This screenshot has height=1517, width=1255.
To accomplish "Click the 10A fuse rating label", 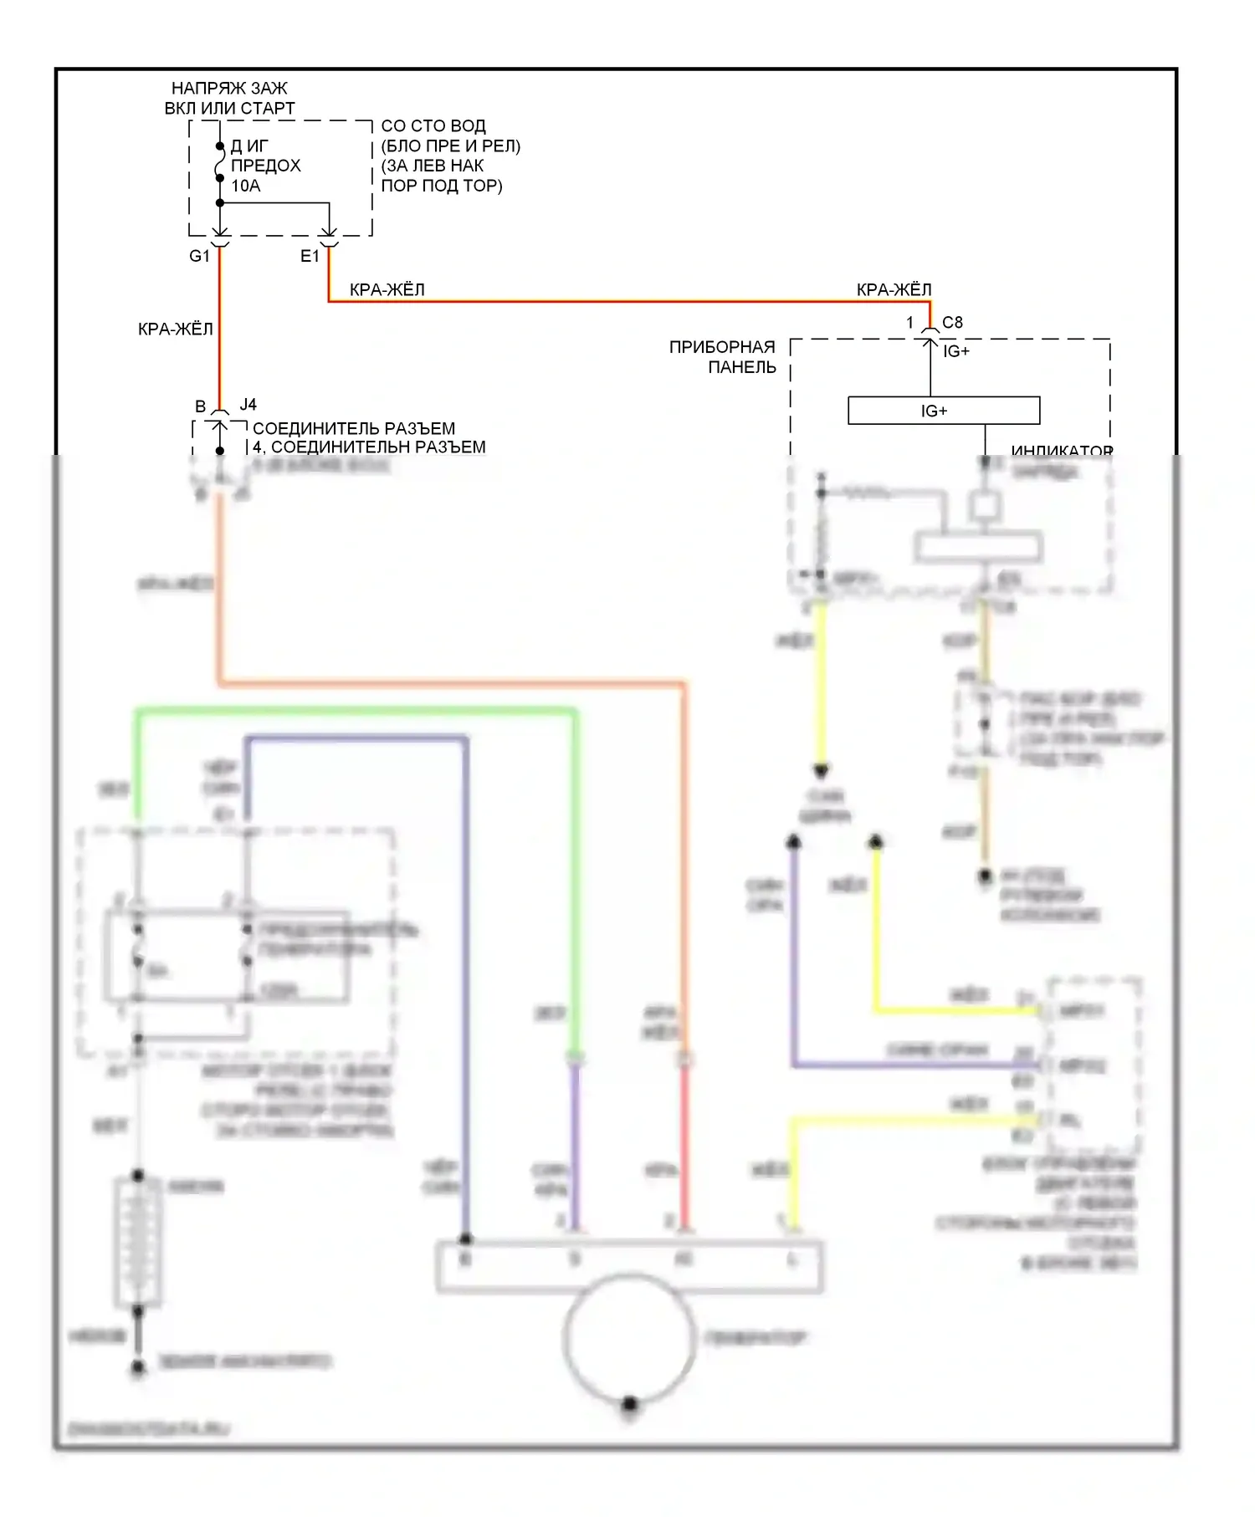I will tap(246, 186).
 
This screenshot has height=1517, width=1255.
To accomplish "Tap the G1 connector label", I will tap(199, 256).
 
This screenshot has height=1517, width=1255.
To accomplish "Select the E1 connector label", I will tap(310, 256).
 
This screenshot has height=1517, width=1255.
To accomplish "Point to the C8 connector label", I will tap(952, 322).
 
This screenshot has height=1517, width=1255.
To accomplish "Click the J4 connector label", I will tap(248, 405).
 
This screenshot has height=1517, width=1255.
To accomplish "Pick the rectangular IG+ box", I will tap(944, 411).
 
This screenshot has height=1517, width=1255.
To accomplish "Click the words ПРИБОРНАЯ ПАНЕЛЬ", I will tap(723, 357).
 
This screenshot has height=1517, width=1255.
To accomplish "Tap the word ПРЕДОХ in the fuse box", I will tap(265, 166).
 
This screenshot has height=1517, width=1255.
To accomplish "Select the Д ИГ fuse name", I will tap(248, 146).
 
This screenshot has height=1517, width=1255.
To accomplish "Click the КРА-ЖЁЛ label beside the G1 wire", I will tap(176, 329).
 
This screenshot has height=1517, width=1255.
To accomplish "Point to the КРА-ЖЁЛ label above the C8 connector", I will tap(894, 289).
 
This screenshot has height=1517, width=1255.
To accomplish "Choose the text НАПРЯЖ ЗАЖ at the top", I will tap(229, 88).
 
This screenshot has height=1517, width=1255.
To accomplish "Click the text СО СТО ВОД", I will tap(433, 126).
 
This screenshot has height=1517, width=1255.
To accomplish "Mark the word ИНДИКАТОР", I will tap(1062, 451).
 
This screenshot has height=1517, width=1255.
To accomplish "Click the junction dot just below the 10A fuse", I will tap(220, 203).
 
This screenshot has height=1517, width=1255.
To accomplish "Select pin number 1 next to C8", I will tap(910, 322).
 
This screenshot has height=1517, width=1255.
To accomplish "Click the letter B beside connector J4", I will tap(201, 406).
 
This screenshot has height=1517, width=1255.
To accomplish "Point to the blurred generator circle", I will tap(629, 1338).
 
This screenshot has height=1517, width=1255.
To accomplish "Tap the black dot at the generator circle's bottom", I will tap(630, 1403).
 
